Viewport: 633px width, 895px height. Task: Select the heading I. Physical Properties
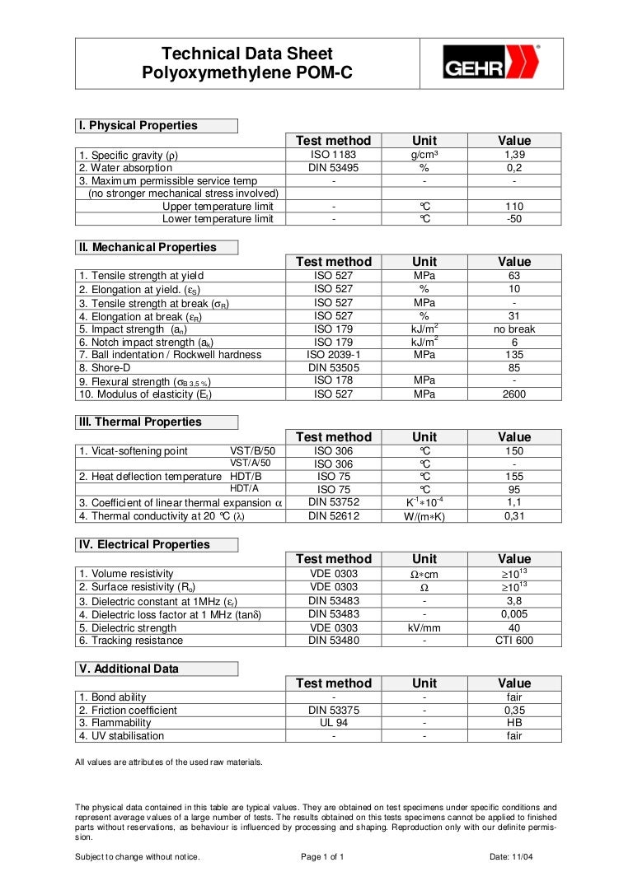138,126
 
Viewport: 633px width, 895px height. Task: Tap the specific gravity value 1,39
514,155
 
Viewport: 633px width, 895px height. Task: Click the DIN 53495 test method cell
333,168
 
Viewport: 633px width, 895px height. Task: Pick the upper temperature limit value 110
514,207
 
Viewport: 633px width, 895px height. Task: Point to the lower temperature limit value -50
514,219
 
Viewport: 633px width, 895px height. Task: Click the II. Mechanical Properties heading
147,247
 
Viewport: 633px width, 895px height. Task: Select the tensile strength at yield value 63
514,276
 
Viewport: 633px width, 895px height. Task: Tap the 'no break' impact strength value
514,329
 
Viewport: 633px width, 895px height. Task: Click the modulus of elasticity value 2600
514,394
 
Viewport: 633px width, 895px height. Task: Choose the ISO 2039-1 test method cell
333,355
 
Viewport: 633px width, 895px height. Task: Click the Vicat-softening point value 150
514,451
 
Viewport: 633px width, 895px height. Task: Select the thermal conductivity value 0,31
514,517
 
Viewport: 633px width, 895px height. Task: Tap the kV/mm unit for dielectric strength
424,627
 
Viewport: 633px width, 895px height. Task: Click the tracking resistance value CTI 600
514,641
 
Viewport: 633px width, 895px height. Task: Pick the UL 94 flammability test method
333,723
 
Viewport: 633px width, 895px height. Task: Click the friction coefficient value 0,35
514,710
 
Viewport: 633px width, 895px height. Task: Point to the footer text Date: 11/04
511,857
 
